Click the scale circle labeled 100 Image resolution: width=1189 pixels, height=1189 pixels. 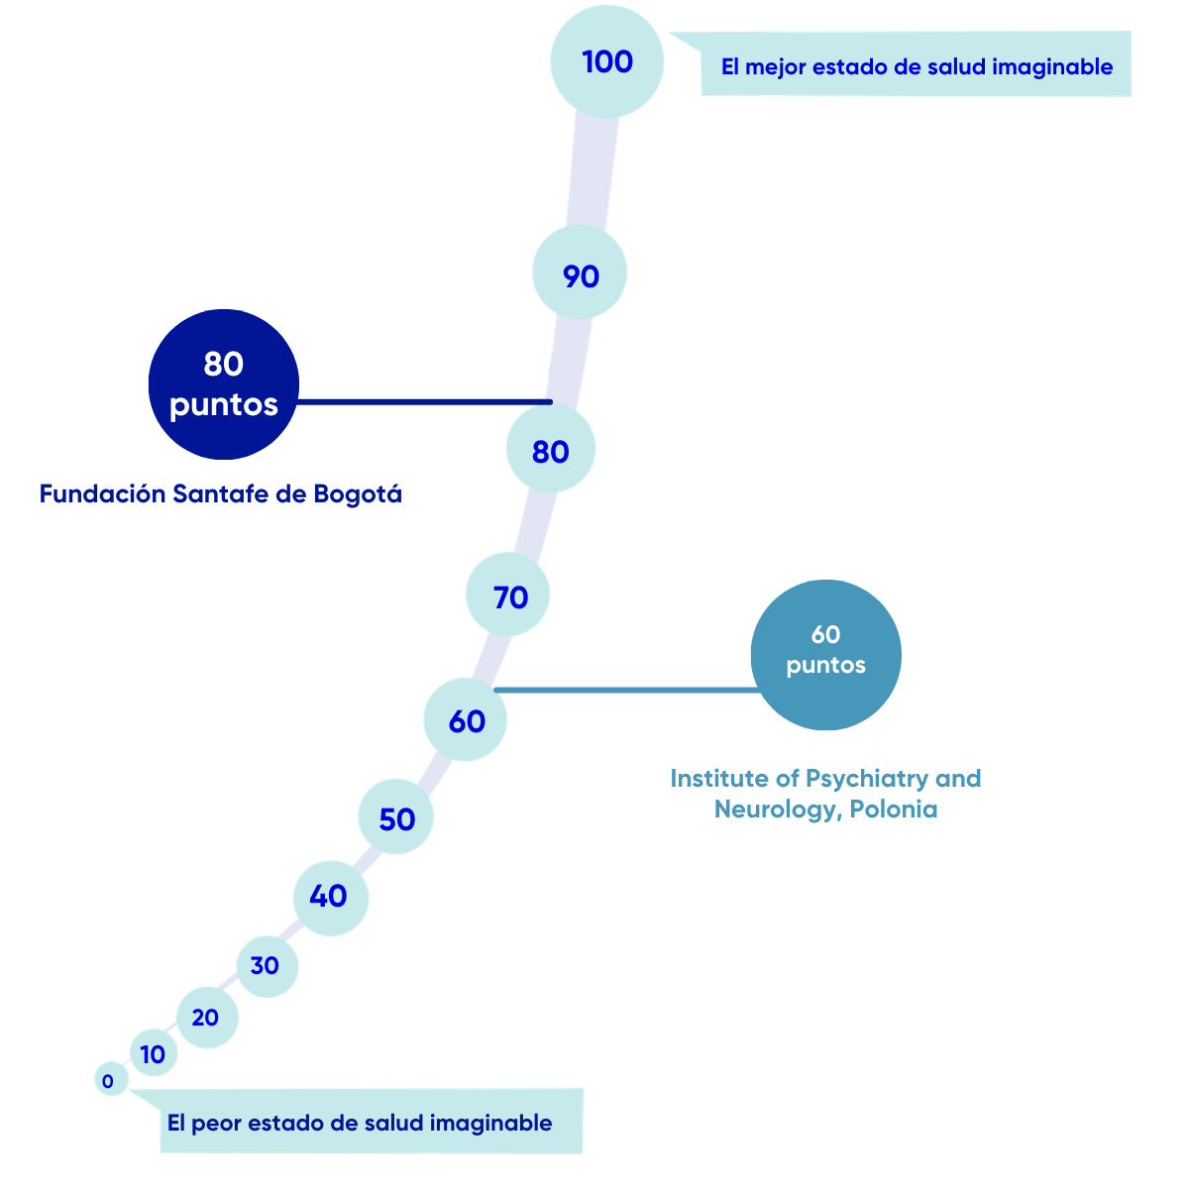[606, 61]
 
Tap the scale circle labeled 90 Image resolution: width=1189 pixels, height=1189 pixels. [580, 274]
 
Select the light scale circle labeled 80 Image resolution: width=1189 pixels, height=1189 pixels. [551, 451]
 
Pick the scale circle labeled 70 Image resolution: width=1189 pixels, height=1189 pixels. [509, 595]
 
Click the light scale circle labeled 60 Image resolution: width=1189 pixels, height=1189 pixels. [466, 720]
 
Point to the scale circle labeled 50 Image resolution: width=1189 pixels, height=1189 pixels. [396, 818]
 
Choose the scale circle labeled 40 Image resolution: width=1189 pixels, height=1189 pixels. [330, 897]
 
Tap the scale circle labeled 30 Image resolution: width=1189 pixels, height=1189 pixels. [266, 965]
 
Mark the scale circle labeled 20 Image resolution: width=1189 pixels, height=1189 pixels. [206, 1017]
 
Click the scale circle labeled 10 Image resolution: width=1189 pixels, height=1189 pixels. [154, 1054]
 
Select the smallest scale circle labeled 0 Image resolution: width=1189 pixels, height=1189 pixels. [109, 1081]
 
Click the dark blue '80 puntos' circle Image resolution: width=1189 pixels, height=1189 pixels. [224, 384]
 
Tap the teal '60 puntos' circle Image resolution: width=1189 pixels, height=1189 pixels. [825, 655]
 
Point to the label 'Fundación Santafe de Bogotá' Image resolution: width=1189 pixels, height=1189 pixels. [220, 493]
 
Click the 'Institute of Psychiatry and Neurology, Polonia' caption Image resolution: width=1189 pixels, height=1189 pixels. [825, 794]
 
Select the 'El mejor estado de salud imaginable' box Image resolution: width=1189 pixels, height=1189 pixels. [916, 65]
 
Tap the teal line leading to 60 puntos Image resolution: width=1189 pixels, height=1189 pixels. [624, 689]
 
